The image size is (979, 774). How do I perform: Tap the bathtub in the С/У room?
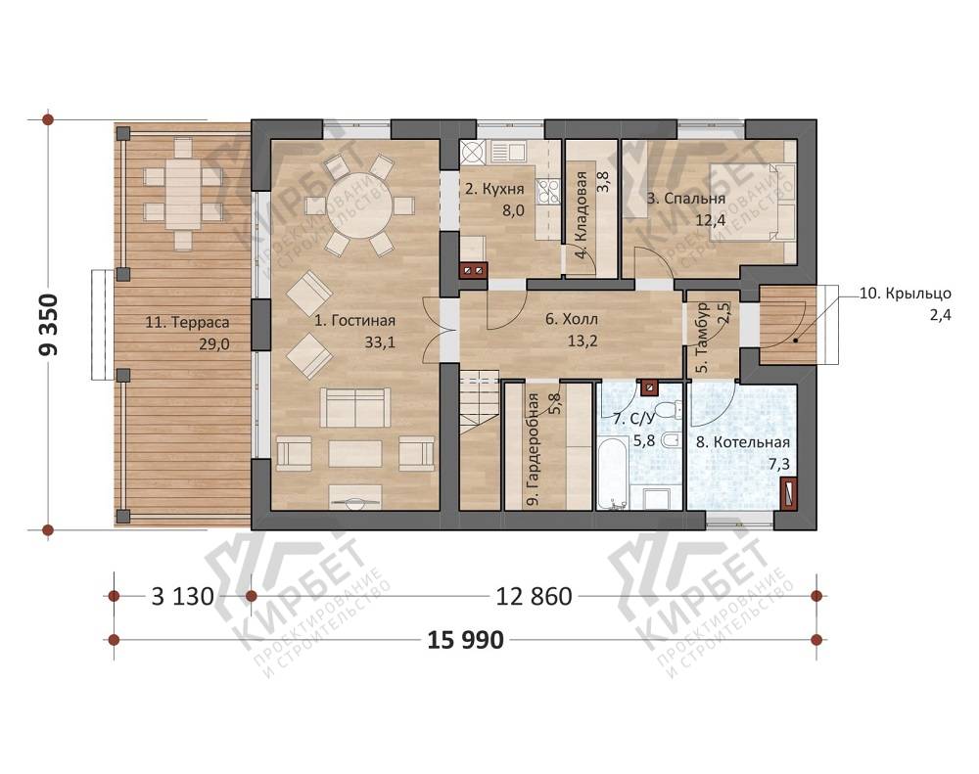pos(612,474)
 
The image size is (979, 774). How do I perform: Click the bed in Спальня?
pos(752,202)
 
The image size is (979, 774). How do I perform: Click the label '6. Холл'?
pos(572,319)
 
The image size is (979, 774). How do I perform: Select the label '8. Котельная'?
pos(742,442)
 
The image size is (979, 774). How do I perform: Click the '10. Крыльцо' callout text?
pos(906,294)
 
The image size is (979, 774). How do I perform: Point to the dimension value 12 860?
pos(534,597)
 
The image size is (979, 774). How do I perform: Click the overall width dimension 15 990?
pos(466,640)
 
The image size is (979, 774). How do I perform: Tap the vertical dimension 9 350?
pos(48,325)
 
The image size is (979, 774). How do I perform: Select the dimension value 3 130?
pos(183,597)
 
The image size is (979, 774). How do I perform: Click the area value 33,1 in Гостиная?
pos(380,342)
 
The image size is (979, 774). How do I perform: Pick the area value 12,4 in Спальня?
pos(711,220)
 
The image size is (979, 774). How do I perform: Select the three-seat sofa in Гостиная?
pos(354,407)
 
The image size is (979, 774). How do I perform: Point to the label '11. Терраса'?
pos(187,322)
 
